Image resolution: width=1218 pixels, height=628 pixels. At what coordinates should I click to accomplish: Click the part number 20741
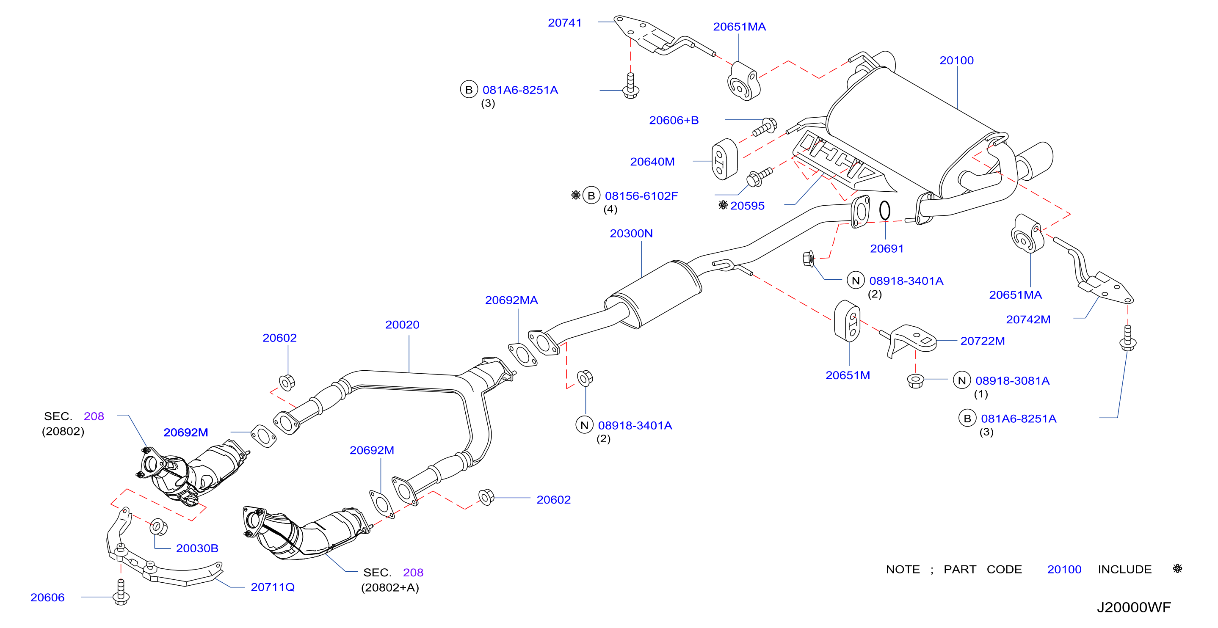click(x=565, y=23)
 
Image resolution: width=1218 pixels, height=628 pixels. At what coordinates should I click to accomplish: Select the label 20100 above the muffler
click(x=956, y=61)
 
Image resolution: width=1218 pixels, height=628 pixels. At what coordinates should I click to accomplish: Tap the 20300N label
click(x=631, y=234)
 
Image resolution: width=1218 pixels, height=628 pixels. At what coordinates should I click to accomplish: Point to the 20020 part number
click(x=402, y=325)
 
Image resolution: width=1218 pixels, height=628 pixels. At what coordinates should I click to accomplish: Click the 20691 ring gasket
click(x=885, y=211)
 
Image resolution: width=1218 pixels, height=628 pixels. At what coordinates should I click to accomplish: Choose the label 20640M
click(x=652, y=162)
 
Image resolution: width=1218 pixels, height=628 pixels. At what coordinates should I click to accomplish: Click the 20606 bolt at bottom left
click(x=122, y=592)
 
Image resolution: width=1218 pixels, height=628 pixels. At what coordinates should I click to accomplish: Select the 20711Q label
click(x=273, y=587)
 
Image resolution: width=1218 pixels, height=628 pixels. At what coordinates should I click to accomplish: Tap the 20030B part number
click(x=197, y=548)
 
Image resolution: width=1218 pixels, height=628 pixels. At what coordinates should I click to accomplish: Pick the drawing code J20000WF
click(x=1134, y=607)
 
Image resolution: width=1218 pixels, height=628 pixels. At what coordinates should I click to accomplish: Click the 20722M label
click(x=983, y=341)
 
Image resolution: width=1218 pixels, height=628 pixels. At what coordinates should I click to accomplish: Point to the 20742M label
click(x=1028, y=320)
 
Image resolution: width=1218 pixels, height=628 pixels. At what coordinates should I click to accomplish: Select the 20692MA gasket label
click(x=511, y=300)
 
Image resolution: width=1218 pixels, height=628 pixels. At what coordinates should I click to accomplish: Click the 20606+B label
click(x=674, y=121)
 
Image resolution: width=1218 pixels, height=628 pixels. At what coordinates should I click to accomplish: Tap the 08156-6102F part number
click(x=641, y=196)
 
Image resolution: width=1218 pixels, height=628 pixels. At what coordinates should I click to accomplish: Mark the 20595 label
click(x=747, y=206)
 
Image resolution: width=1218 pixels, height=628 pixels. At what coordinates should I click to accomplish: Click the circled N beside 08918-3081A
click(x=962, y=380)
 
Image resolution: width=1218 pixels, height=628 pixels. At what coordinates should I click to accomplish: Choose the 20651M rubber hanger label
click(x=848, y=375)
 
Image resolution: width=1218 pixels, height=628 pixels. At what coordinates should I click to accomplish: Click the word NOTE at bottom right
click(x=903, y=570)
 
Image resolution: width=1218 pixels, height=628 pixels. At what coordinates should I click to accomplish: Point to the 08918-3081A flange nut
click(x=916, y=380)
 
